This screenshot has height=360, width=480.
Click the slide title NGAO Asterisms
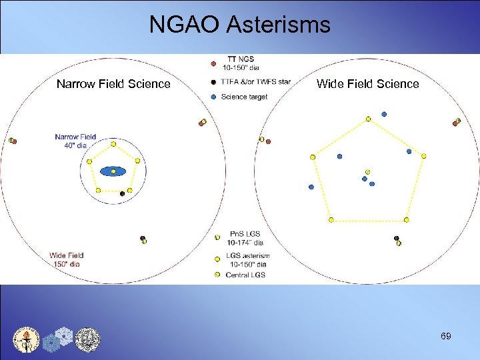pos(239,25)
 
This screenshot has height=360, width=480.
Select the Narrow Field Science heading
pos(113,84)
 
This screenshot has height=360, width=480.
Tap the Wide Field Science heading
pos(367,84)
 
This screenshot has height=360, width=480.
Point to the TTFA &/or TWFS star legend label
pos(256,82)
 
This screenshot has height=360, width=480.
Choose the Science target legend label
pos(244,97)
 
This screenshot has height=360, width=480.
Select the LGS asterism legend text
pos(247,259)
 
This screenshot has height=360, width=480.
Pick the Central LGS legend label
pos(245,275)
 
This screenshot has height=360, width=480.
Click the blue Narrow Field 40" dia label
pos(75,141)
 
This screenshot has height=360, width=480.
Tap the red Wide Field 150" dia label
pos(67,259)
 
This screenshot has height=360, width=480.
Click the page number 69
pos(445,336)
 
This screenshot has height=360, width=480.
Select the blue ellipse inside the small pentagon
pos(113,172)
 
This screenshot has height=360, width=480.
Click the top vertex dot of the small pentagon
pos(113,144)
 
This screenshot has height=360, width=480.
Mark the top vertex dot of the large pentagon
pos(368,119)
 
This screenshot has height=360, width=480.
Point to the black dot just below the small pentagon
pos(122,194)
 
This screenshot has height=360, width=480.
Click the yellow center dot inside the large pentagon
pos(367,171)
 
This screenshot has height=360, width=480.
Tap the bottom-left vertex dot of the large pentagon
pos(331,220)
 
